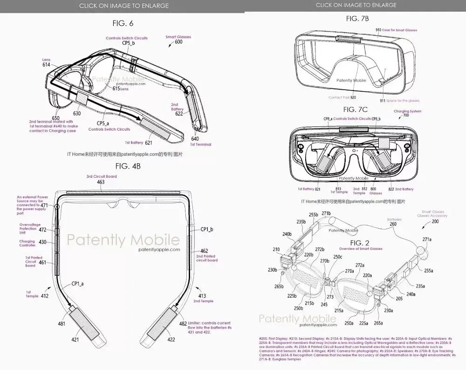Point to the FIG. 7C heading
(x=356, y=110)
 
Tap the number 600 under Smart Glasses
(x=178, y=42)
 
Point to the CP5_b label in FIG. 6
(x=128, y=43)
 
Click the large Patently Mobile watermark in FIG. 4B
(x=123, y=240)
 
